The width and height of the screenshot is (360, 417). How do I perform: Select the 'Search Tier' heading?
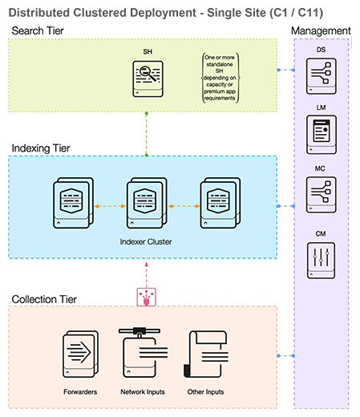(x=38, y=30)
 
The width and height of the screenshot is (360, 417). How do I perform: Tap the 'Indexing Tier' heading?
(x=42, y=148)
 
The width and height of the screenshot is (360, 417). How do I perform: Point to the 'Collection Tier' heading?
(x=45, y=299)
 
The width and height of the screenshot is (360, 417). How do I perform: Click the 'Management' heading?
(x=321, y=30)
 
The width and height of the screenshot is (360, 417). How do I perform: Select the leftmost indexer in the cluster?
(x=73, y=206)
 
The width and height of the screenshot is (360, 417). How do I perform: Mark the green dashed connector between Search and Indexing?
(x=147, y=133)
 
